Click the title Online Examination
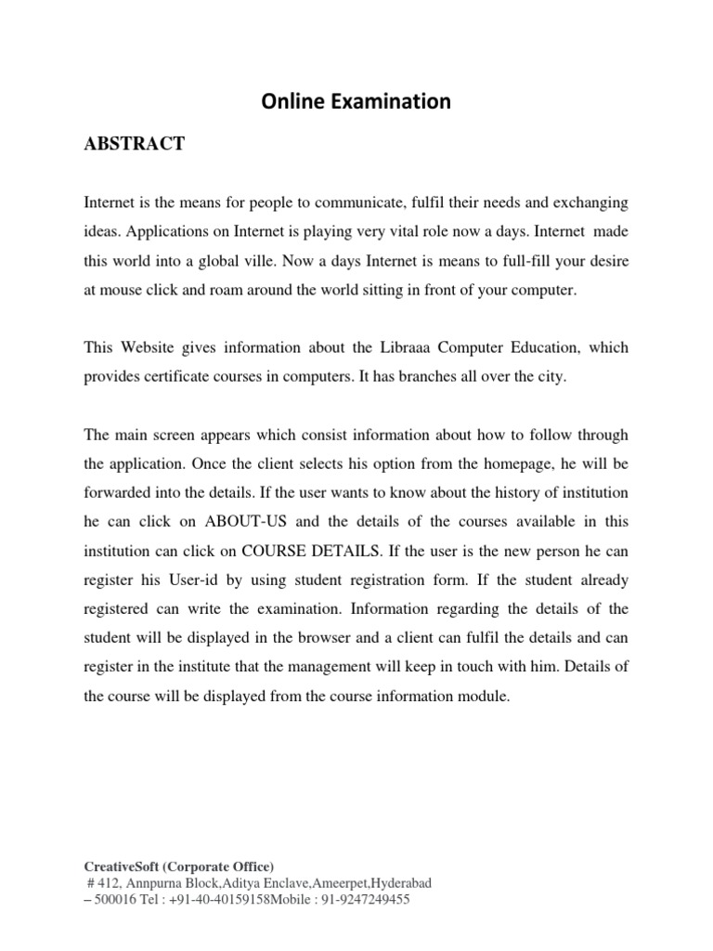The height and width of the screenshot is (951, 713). coord(356,102)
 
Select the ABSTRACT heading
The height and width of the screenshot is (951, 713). coord(135,144)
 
